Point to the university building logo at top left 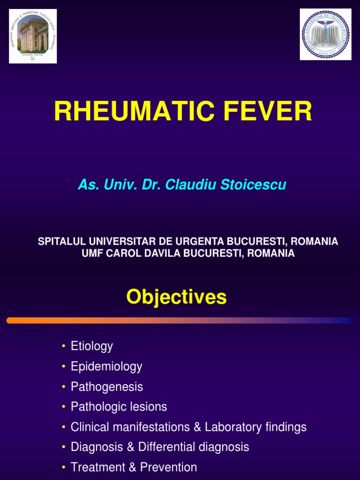coord(33,36)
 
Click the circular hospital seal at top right coord(325,34)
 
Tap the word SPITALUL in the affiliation coord(60,241)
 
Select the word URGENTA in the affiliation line coord(199,241)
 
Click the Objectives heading coord(176,297)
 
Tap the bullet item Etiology coord(92,346)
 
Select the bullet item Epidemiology coord(106,367)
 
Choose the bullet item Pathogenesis coord(107,387)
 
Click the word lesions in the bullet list coord(149,407)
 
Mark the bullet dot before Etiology coord(63,347)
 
